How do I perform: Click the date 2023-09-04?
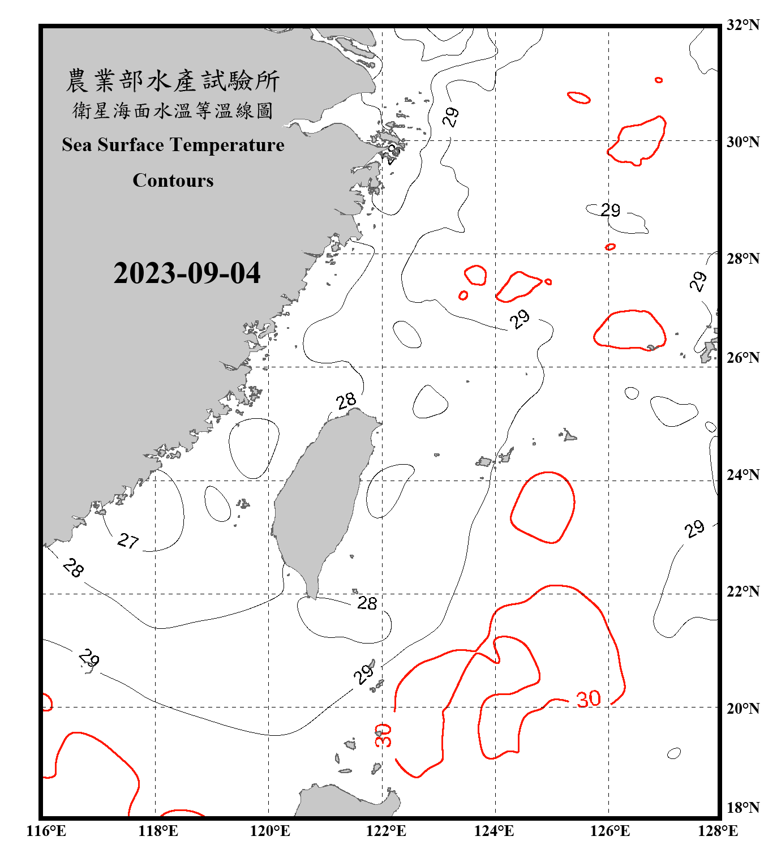tap(187, 273)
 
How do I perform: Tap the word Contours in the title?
tap(173, 180)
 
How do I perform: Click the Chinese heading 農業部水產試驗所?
tap(173, 81)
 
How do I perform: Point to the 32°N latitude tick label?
tap(742, 25)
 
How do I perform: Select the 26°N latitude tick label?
tap(742, 358)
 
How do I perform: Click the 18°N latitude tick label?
tap(742, 808)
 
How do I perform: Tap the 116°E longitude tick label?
tap(46, 831)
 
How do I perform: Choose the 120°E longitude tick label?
tap(270, 831)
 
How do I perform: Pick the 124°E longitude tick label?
tap(494, 831)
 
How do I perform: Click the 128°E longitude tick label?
tap(718, 831)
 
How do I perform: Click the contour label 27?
tap(128, 541)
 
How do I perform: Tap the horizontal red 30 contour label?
tap(589, 699)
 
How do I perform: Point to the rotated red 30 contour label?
tap(383, 735)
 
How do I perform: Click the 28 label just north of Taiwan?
tap(346, 401)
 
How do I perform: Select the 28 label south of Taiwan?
tap(367, 603)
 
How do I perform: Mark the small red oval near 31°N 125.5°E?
tap(578, 97)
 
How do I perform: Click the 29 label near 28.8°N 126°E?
tap(611, 211)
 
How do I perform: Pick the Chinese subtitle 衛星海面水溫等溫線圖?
tap(173, 110)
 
